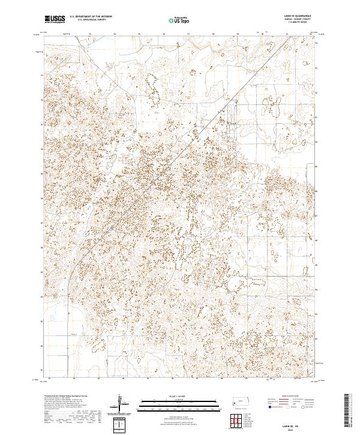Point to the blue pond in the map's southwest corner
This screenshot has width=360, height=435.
(x=52, y=318)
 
